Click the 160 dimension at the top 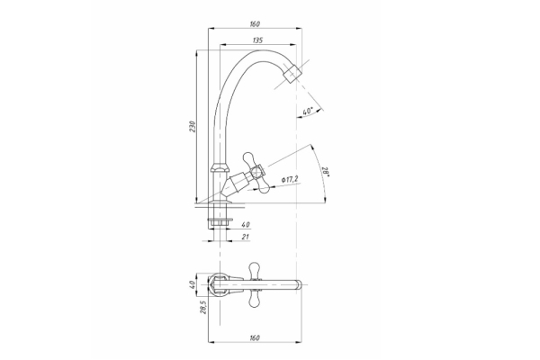(x=255, y=24)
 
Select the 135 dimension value (x=257, y=40)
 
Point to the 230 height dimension (x=193, y=127)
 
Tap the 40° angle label (x=307, y=112)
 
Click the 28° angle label (x=326, y=172)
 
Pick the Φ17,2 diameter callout (x=290, y=179)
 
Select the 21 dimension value (x=246, y=237)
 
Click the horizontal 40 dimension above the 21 (x=246, y=225)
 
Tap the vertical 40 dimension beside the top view (x=193, y=284)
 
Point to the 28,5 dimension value (x=203, y=307)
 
